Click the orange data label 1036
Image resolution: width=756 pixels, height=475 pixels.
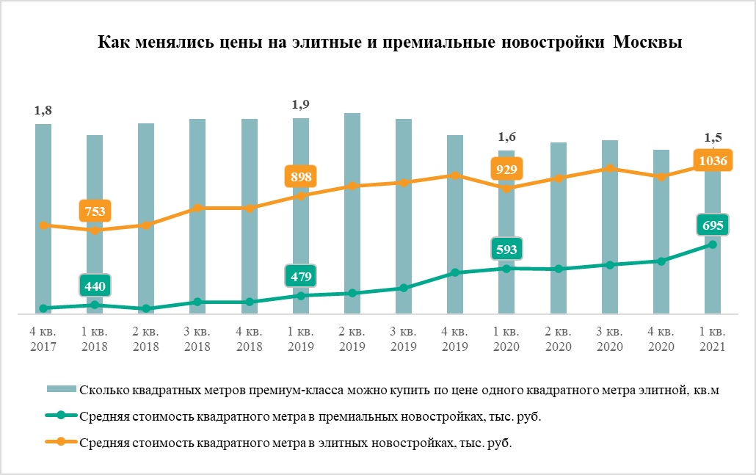coord(713,161)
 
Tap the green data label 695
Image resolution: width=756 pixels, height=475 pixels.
coord(713,225)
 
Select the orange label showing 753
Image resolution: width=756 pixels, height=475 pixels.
coord(95,211)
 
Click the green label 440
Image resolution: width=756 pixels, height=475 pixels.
coord(95,286)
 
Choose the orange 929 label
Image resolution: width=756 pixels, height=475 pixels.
coord(506,170)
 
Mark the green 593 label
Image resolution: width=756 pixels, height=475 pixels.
coord(506,250)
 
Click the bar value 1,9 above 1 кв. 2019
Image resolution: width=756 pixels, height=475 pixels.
coord(301,104)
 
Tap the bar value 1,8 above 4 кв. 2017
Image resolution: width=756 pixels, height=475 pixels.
coord(43,111)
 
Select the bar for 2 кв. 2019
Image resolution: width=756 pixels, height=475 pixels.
coord(352,213)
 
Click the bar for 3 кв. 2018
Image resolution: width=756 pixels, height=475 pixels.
coord(197,217)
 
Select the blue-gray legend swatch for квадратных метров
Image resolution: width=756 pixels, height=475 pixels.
coord(61,391)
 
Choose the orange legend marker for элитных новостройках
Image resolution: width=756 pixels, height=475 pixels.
coord(61,443)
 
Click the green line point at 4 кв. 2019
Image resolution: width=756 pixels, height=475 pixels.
coord(455,272)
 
